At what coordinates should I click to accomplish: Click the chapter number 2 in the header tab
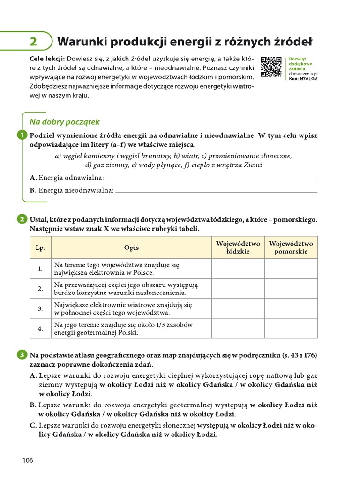tap(33, 42)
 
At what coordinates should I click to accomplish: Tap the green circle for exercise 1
tap(22, 135)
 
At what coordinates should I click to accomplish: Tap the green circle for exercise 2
tap(22, 219)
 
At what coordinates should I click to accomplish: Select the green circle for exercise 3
tap(22, 355)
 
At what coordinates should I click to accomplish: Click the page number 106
tap(28, 460)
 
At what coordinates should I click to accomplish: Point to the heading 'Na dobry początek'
tap(65, 122)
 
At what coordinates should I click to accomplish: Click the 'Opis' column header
tap(131, 247)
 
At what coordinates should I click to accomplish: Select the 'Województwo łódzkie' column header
tap(238, 247)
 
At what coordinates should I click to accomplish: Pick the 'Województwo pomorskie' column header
tap(291, 247)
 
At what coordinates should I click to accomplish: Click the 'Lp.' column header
tap(40, 247)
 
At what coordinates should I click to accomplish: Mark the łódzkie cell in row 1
tap(238, 269)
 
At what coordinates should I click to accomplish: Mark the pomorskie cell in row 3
tap(291, 308)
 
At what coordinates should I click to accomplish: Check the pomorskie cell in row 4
tap(291, 328)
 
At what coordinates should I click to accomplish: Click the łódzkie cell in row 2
tap(238, 289)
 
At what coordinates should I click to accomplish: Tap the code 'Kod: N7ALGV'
tap(303, 79)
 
